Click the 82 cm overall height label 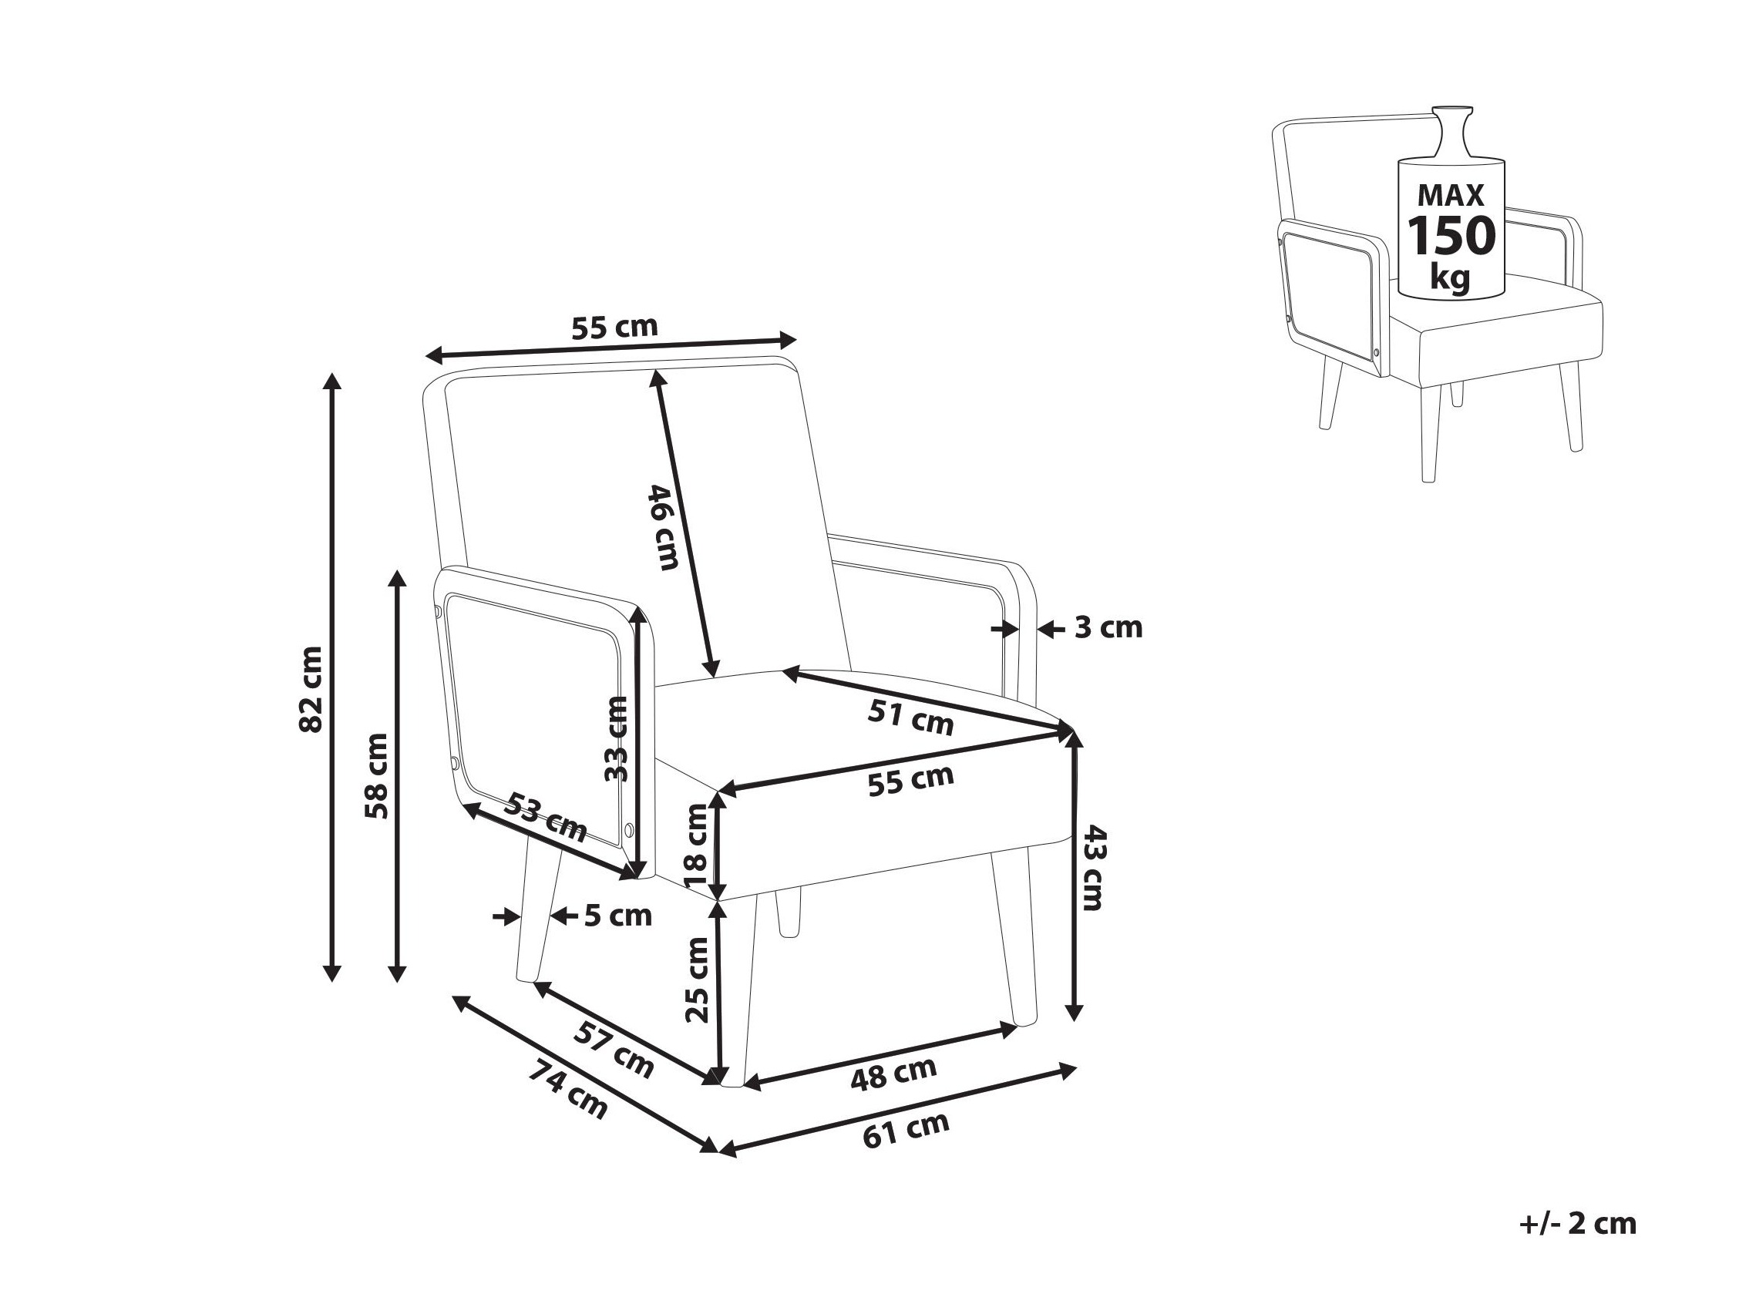[311, 689]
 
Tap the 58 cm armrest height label [378, 776]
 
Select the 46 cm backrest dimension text [662, 527]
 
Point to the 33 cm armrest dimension [617, 739]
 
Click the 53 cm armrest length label [546, 817]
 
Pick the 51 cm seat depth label [910, 718]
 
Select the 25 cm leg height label [698, 980]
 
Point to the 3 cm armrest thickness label [1108, 628]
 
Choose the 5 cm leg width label [618, 916]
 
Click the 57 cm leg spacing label [614, 1050]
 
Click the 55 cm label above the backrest [614, 327]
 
